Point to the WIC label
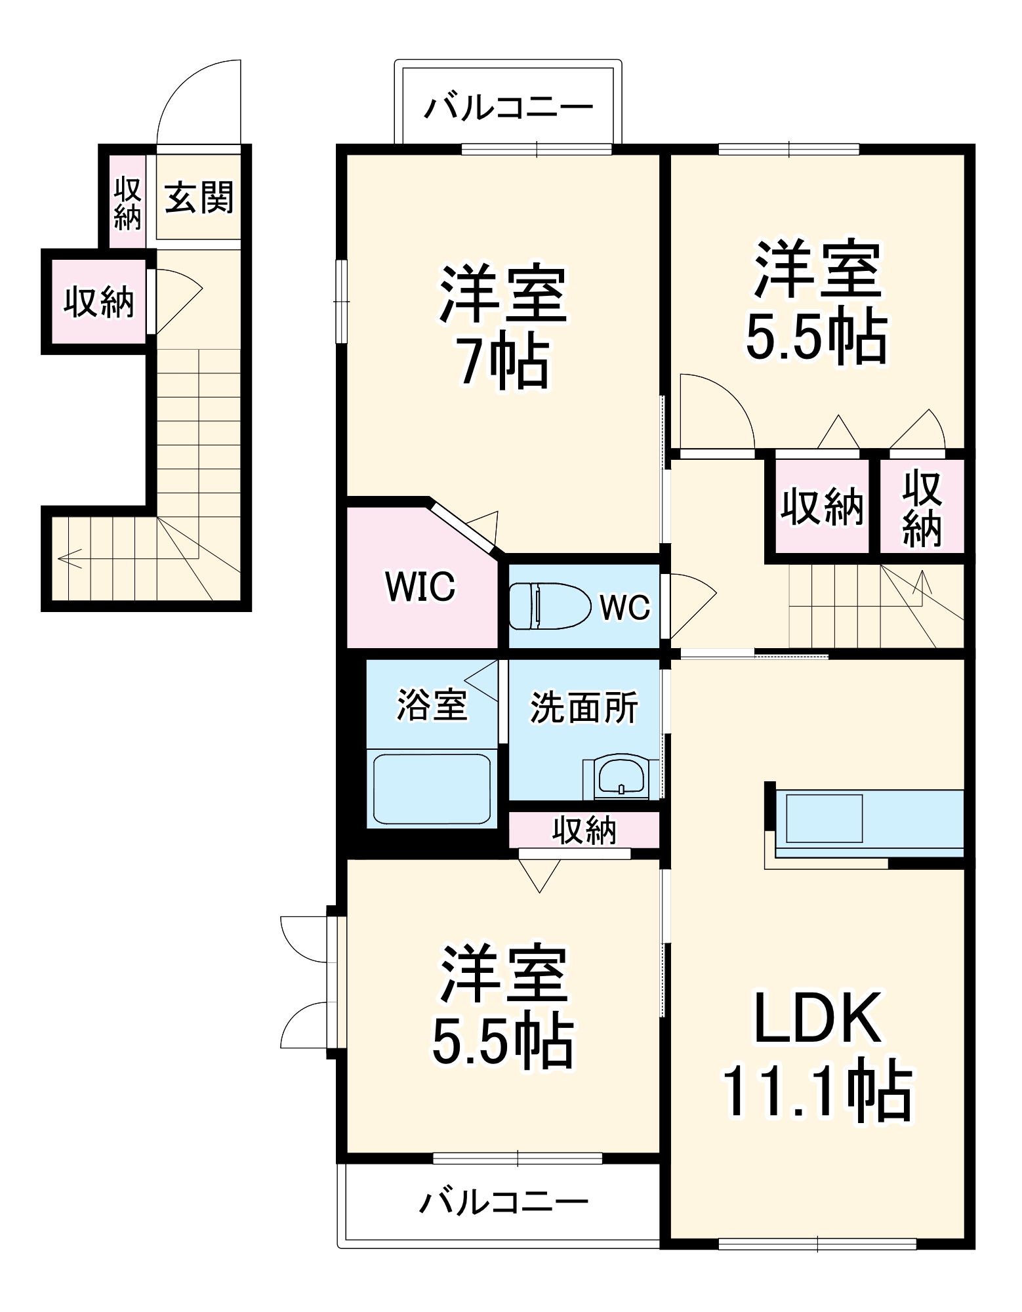420,586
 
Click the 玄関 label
198,197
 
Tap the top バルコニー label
508,107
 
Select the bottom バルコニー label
504,1202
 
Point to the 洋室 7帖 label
503,326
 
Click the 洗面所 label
583,707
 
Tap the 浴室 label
432,705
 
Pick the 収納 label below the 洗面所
584,830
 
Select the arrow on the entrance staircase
69,558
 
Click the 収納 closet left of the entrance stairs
98,302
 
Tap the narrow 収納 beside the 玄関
127,203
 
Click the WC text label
624,607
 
